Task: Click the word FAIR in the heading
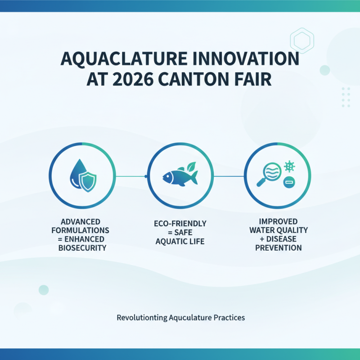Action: click(x=254, y=79)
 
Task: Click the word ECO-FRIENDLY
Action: click(x=180, y=224)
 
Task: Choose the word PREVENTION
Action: click(x=278, y=247)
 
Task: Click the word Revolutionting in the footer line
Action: click(x=142, y=317)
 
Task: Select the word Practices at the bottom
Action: click(x=229, y=317)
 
